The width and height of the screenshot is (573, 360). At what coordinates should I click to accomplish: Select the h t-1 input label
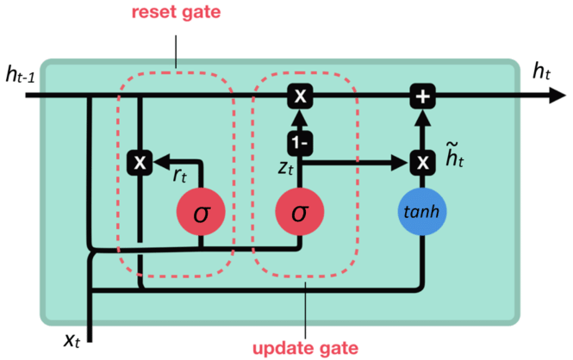(20, 76)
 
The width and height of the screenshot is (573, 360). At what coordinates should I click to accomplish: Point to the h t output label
(542, 72)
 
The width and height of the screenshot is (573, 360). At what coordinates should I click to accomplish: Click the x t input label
(73, 338)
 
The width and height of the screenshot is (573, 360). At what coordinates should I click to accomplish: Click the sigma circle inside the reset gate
(201, 210)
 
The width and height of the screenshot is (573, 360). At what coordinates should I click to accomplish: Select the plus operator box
(422, 96)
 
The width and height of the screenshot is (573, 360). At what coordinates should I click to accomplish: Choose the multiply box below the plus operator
(422, 161)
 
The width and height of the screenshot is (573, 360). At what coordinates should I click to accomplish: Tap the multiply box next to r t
(138, 161)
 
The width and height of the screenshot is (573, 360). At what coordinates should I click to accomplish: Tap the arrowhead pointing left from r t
(156, 161)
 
